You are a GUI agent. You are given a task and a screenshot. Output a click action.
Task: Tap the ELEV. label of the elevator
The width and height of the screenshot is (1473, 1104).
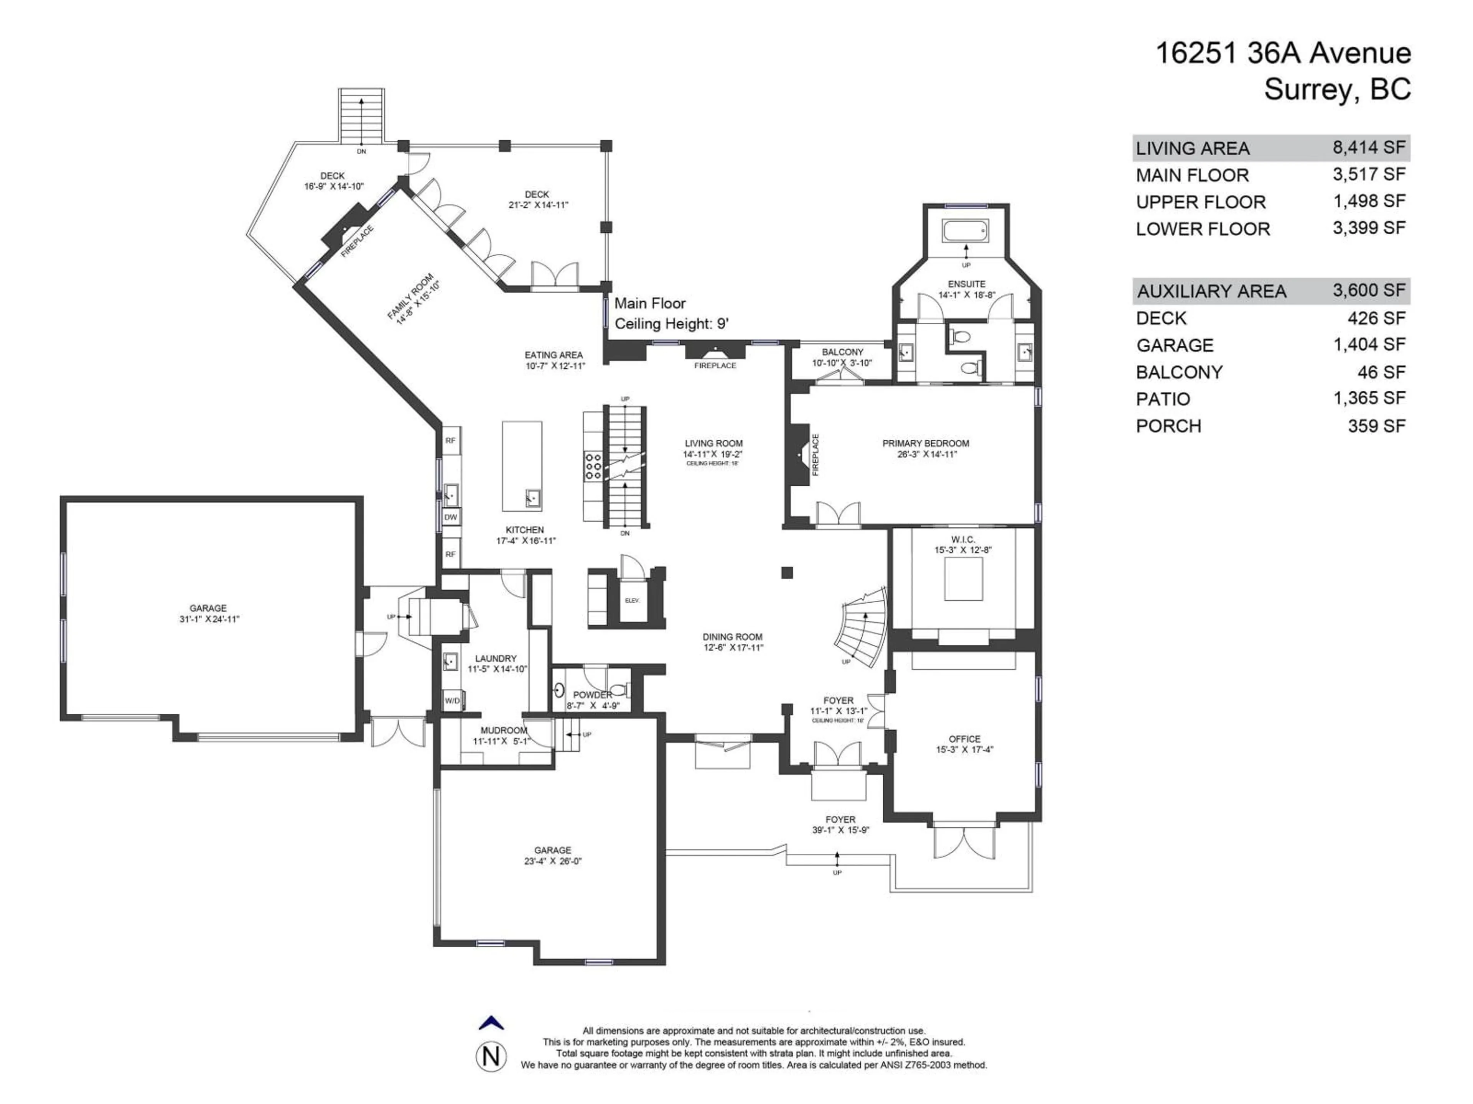[632, 600]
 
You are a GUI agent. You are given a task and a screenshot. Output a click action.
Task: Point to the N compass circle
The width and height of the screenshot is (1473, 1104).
[491, 1057]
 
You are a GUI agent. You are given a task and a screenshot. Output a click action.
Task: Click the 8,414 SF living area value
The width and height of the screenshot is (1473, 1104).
[1368, 147]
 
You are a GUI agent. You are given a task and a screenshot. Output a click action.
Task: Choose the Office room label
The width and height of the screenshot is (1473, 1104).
[964, 739]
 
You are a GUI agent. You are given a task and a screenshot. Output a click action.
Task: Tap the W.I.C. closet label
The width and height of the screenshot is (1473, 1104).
[963, 539]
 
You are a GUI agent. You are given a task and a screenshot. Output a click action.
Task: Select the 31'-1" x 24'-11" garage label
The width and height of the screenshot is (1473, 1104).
[208, 619]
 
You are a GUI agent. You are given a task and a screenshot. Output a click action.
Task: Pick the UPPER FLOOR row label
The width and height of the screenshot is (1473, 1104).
[1200, 202]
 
